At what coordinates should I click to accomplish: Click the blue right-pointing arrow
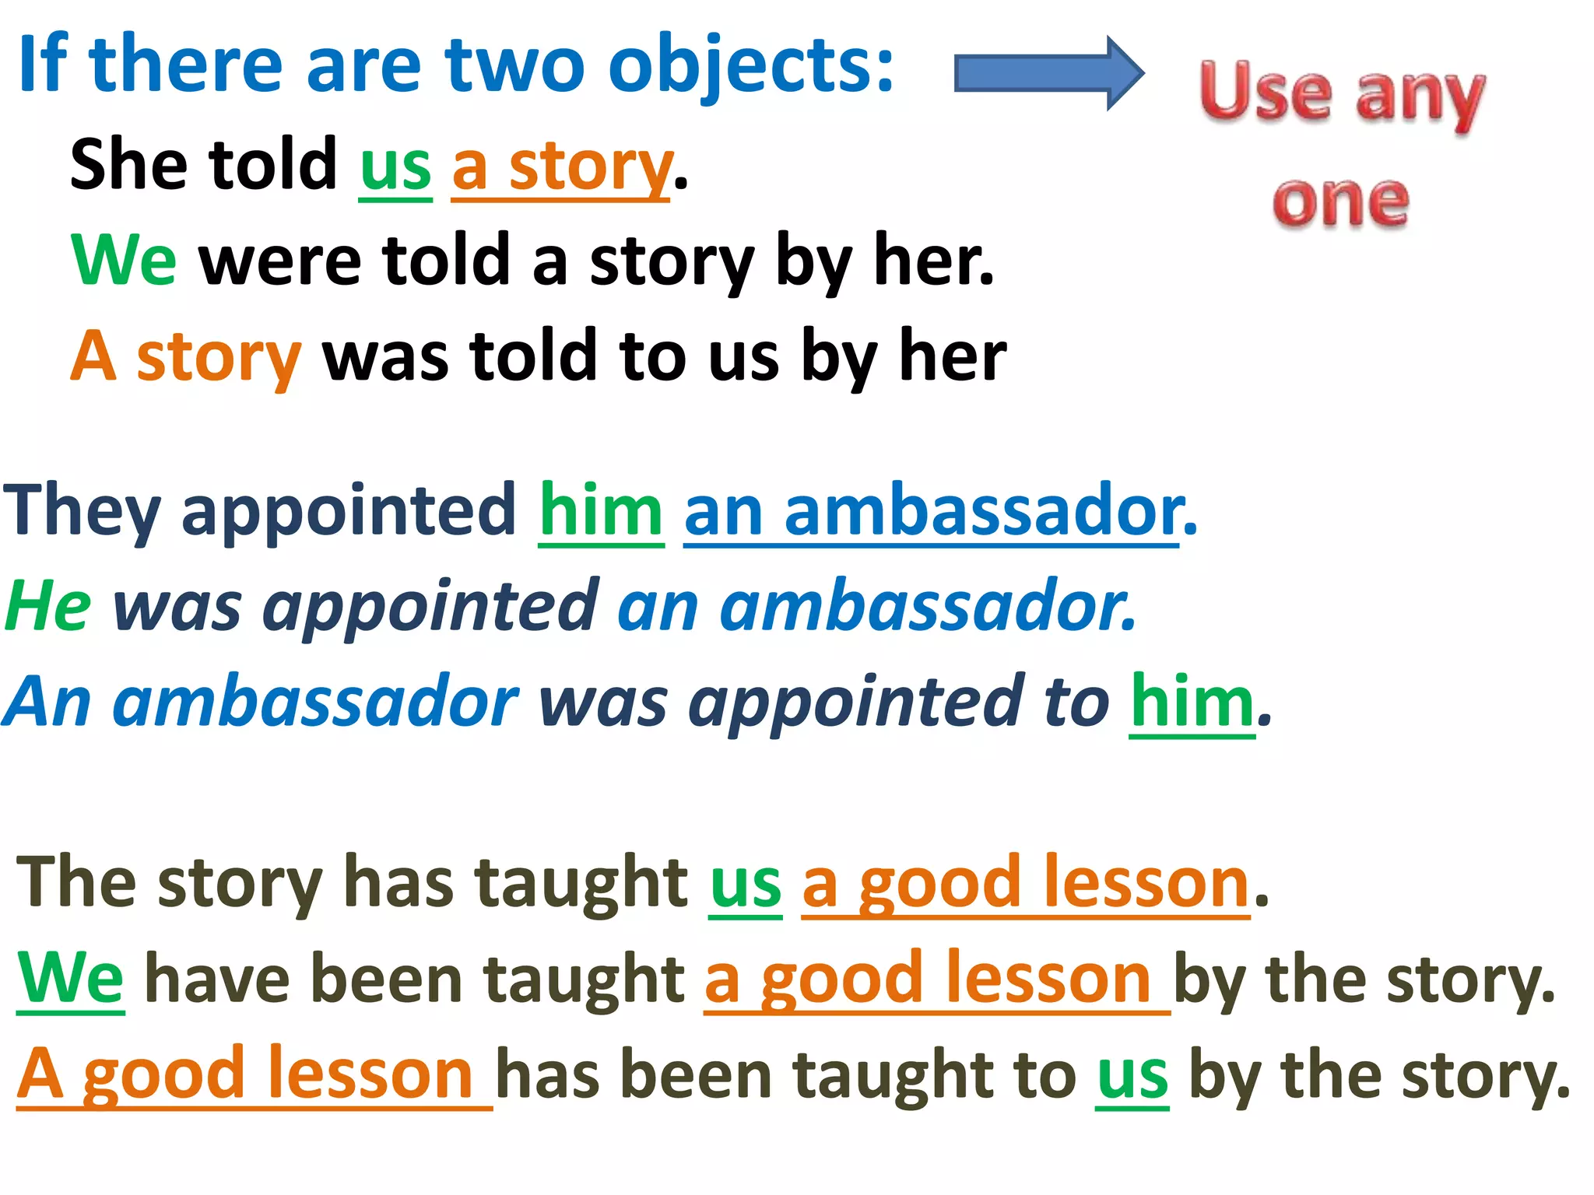click(1047, 74)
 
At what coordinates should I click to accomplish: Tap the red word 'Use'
click(1265, 93)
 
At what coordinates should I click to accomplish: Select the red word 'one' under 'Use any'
click(1340, 202)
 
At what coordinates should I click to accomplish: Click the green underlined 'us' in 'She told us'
click(395, 167)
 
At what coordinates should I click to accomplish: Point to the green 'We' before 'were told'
click(123, 261)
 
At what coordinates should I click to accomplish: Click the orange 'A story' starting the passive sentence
click(185, 356)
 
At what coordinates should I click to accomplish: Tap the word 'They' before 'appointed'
click(82, 512)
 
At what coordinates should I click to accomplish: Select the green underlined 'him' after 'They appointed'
click(600, 512)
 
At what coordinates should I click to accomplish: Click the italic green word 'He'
click(48, 607)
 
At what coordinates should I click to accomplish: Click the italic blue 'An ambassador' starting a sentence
click(261, 703)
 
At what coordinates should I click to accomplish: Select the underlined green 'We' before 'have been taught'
click(71, 979)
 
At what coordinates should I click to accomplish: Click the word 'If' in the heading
click(43, 66)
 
